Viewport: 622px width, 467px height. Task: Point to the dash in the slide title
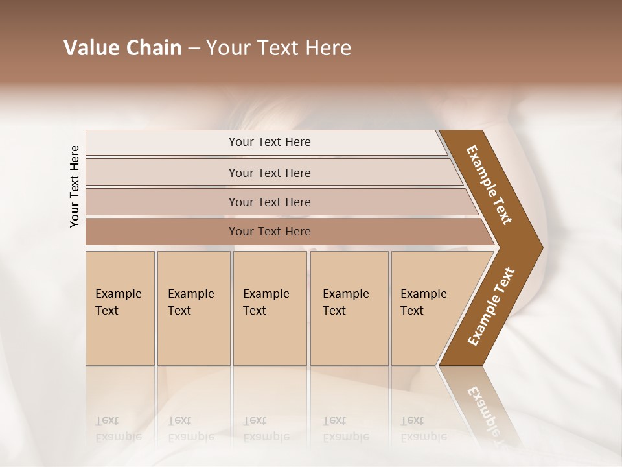click(194, 49)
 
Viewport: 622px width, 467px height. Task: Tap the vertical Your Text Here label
click(75, 186)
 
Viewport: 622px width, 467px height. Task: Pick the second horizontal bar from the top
click(270, 173)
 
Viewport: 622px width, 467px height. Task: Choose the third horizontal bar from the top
click(270, 202)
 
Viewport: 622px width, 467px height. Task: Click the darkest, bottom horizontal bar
click(270, 232)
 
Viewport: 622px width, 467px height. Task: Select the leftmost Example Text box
click(120, 307)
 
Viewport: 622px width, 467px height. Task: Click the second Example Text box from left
click(193, 307)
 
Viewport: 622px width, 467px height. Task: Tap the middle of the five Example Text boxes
click(270, 307)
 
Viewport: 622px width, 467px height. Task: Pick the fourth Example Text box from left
click(349, 307)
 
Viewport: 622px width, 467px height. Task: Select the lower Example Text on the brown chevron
click(491, 306)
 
